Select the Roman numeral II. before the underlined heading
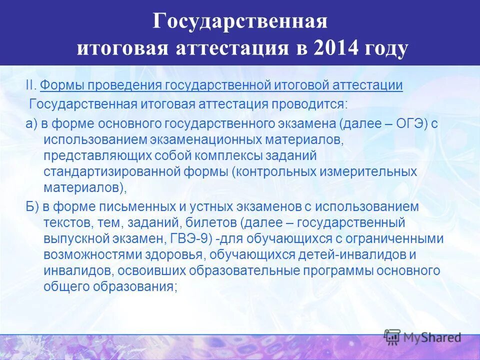point(31,85)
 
